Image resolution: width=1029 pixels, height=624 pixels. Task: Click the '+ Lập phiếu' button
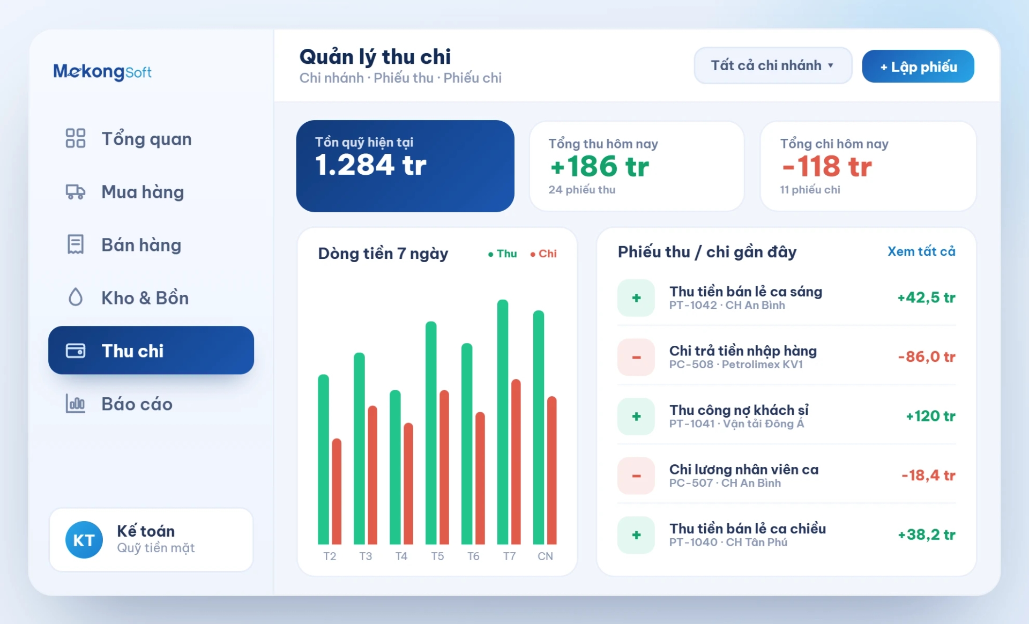click(918, 66)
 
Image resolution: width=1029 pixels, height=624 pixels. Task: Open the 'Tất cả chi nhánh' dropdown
click(773, 65)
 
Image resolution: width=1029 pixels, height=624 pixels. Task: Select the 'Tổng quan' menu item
click(146, 139)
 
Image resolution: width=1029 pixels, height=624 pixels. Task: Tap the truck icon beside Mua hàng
click(76, 192)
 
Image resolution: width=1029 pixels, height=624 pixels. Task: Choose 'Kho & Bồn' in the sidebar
click(145, 298)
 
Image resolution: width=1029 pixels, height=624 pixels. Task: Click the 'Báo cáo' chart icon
click(76, 404)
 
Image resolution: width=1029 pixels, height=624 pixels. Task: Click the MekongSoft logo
click(102, 71)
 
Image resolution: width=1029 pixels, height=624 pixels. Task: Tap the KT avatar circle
click(84, 540)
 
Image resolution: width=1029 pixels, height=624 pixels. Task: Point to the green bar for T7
click(503, 422)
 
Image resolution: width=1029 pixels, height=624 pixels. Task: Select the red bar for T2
click(337, 492)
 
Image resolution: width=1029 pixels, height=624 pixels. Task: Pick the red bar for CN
click(552, 470)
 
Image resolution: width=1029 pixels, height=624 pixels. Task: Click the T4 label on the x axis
click(401, 556)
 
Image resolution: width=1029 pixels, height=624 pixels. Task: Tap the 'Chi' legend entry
click(543, 254)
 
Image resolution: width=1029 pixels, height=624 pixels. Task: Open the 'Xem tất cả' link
click(921, 251)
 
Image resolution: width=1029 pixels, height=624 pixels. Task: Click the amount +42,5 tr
click(926, 298)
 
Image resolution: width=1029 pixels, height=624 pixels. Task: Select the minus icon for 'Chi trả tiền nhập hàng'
click(636, 357)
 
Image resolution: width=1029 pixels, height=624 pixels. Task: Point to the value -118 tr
click(827, 166)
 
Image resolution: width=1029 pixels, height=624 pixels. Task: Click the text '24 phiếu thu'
click(581, 190)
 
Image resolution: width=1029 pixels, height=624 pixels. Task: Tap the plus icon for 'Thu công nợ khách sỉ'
click(636, 417)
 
